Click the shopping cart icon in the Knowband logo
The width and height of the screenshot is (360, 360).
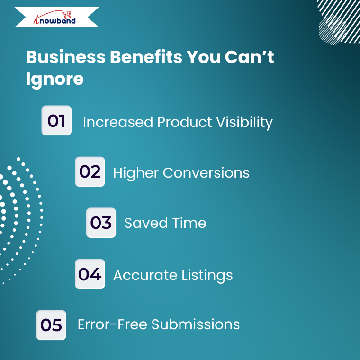(67, 15)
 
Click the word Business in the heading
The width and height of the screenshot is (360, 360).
(66, 57)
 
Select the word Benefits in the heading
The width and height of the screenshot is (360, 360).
(146, 57)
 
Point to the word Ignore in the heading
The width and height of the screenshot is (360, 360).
(54, 80)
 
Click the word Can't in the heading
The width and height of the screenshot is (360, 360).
(249, 57)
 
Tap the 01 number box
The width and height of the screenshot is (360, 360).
(56, 120)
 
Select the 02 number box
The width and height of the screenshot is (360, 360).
(90, 172)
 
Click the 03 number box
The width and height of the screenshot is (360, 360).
(101, 223)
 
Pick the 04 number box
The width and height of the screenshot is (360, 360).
(90, 274)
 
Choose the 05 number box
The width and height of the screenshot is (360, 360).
(51, 325)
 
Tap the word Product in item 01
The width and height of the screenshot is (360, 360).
(185, 122)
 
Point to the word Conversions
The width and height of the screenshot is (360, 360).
(206, 172)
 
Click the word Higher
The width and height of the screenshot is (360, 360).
(136, 173)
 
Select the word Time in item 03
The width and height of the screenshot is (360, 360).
(189, 223)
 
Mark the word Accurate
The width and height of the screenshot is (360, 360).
(145, 275)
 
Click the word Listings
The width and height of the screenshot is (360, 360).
(207, 276)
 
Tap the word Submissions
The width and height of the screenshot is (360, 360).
(196, 324)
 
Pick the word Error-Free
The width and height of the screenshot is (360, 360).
(113, 324)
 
